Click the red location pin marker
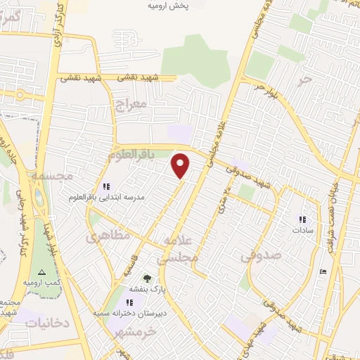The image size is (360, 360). point(181,166)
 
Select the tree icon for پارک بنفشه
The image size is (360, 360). point(146,278)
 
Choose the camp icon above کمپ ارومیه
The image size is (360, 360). point(41,271)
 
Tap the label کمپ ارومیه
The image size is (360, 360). point(40,282)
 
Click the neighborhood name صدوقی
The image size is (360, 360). point(261,256)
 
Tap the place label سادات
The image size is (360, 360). point(304,230)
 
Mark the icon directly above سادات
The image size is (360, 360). point(303,219)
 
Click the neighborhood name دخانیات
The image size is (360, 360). point(47,323)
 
